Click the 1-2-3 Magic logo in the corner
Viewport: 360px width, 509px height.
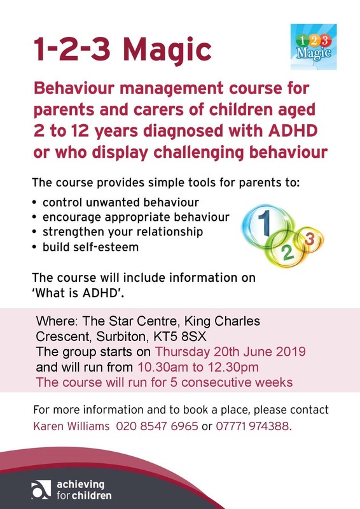coord(314,46)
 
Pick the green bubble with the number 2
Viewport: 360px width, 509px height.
coord(287,249)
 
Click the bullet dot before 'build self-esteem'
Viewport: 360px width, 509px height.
coord(34,248)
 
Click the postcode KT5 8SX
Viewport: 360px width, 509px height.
coord(180,337)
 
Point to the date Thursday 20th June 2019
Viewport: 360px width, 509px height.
coord(230,352)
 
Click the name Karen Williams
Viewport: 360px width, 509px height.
coord(71,426)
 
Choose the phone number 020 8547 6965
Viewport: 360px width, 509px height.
coord(157,426)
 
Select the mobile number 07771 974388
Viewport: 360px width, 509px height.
coord(252,426)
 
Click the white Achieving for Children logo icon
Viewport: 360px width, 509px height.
coord(41,489)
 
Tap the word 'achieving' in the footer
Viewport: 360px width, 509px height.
coord(81,485)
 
